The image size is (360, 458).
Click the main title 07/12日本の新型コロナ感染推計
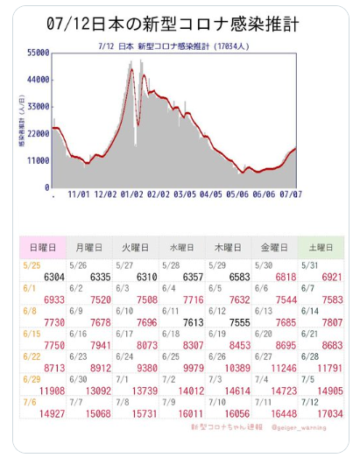[173, 24]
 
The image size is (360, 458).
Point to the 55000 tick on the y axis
[39, 53]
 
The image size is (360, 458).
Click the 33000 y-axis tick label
[39, 107]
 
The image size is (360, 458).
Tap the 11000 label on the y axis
[39, 160]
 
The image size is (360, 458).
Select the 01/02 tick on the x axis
[131, 194]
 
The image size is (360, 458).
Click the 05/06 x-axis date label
[237, 194]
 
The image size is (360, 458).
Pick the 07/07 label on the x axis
[291, 194]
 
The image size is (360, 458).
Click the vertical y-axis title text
[22, 120]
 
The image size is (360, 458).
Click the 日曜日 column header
[43, 248]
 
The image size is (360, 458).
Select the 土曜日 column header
[321, 248]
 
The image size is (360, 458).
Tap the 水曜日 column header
[182, 248]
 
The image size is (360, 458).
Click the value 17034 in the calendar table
[330, 414]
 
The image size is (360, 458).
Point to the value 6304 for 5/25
[54, 277]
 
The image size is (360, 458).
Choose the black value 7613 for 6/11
[194, 322]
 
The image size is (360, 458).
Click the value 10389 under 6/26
[237, 369]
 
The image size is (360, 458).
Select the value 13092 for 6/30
[98, 391]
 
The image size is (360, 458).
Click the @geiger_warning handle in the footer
[299, 427]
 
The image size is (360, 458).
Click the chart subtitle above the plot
[173, 46]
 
